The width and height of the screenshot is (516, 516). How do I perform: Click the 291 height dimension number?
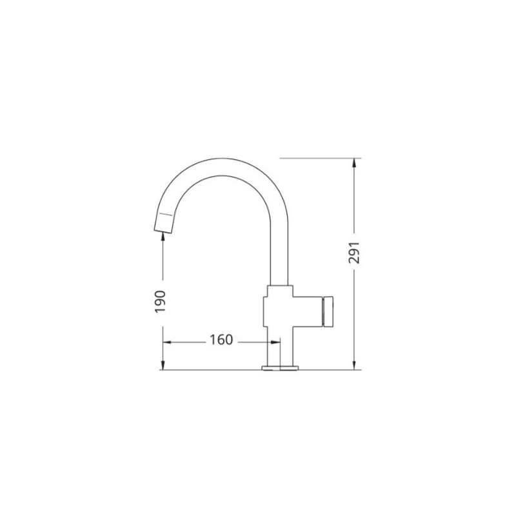(354, 253)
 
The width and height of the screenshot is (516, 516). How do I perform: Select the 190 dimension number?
(160, 301)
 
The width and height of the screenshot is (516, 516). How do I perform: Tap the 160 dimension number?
(221, 340)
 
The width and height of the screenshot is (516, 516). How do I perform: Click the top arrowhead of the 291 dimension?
(354, 163)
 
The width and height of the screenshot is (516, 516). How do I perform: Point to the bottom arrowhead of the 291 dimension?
(354, 365)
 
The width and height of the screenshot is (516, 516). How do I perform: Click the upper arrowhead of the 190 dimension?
(163, 237)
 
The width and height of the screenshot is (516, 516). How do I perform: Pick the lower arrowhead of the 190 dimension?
(163, 365)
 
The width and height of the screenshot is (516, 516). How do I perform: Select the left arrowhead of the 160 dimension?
(168, 342)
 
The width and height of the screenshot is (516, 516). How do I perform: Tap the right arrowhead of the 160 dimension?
(275, 342)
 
